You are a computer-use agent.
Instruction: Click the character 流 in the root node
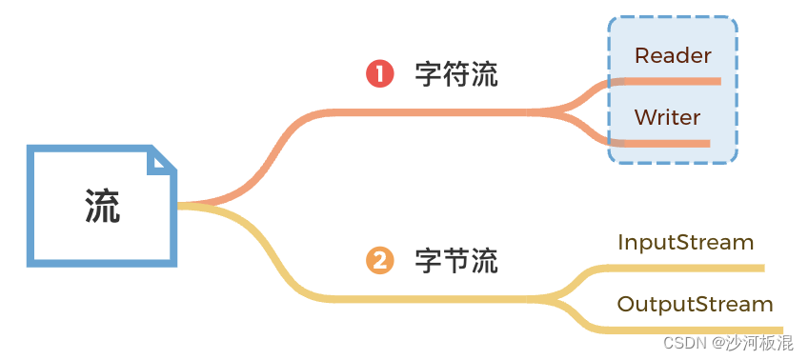point(103,204)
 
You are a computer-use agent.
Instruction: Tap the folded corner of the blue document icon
point(163,161)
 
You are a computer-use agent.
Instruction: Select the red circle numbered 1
point(380,74)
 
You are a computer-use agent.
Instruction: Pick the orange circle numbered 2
point(380,260)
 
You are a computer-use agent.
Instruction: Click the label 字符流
point(456,75)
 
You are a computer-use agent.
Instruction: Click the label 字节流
point(456,261)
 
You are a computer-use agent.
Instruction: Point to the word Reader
point(673,55)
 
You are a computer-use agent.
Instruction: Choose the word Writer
point(667,117)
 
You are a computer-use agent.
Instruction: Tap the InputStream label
point(685,242)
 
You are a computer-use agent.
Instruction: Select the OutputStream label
point(695,304)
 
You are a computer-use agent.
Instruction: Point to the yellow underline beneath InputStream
point(686,269)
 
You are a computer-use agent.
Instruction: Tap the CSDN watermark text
point(684,343)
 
